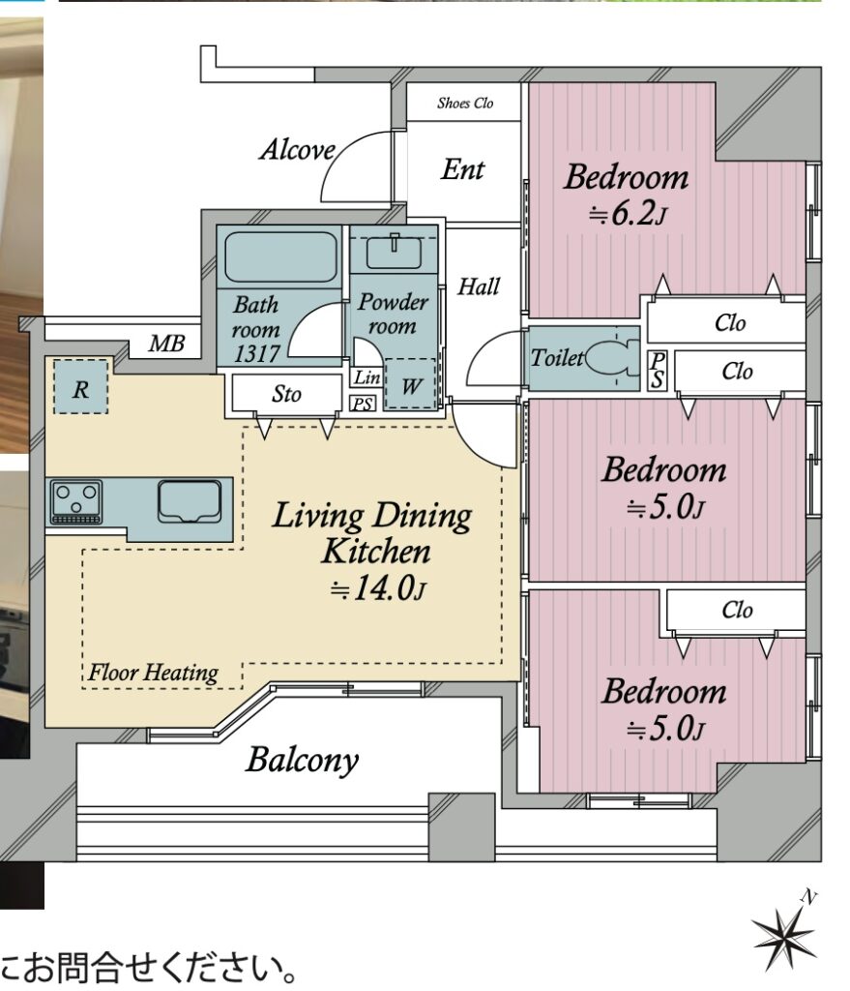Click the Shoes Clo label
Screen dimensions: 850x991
pyautogui.click(x=465, y=103)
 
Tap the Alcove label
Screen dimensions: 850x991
pyautogui.click(x=298, y=150)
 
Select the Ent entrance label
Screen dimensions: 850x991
pyautogui.click(x=463, y=169)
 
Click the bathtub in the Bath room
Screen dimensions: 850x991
pyautogui.click(x=281, y=256)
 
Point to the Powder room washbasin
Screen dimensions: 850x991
pyautogui.click(x=395, y=253)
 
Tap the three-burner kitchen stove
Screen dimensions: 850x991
pyautogui.click(x=76, y=502)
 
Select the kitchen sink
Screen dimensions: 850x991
pyautogui.click(x=190, y=502)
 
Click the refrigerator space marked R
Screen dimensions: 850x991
pyautogui.click(x=80, y=386)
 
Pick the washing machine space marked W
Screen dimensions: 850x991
pyautogui.click(x=411, y=384)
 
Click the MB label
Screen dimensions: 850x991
pyautogui.click(x=166, y=344)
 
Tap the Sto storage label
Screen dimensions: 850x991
pyautogui.click(x=286, y=395)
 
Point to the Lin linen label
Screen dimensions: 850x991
pyautogui.click(x=366, y=377)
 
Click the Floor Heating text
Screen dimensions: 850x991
pyautogui.click(x=154, y=673)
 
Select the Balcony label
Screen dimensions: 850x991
pyautogui.click(x=303, y=761)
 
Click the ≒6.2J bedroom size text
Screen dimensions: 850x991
pyautogui.click(x=627, y=214)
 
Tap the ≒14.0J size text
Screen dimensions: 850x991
pyautogui.click(x=378, y=588)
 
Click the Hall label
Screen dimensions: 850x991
pyautogui.click(x=479, y=286)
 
